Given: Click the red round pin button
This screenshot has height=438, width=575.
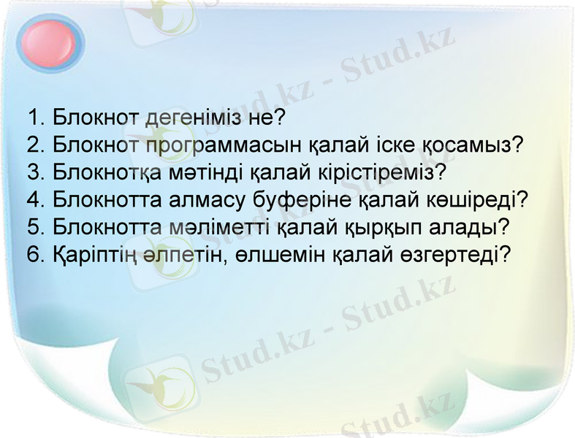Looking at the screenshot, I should (x=49, y=42).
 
